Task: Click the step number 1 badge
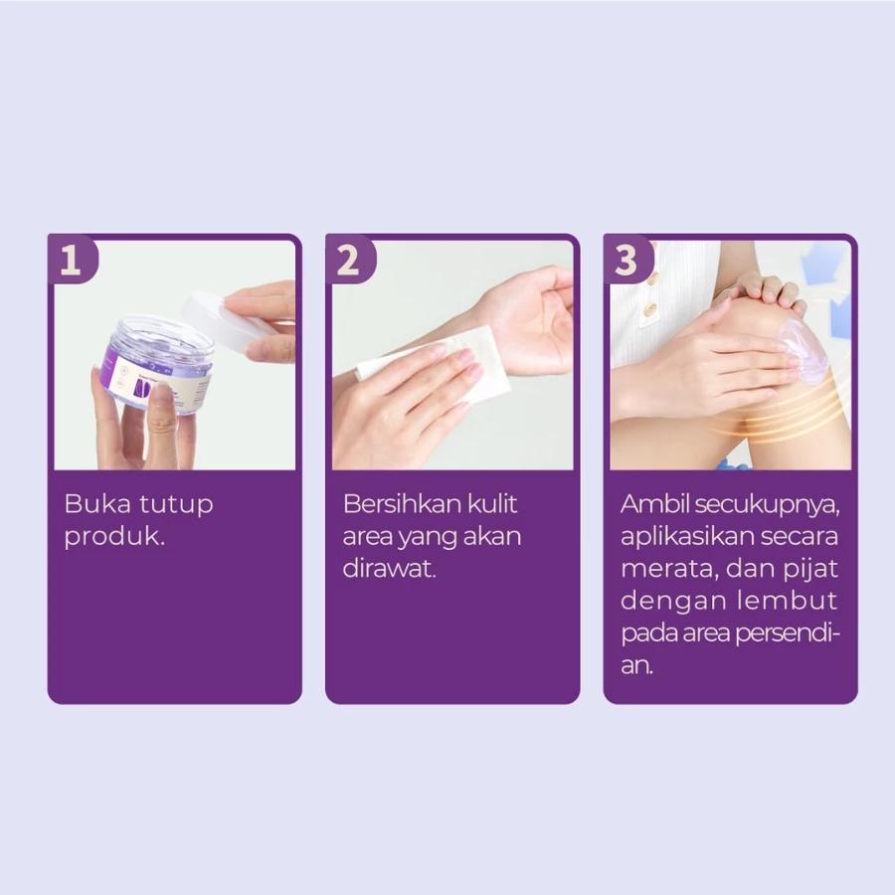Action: tap(71, 262)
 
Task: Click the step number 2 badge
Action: tap(348, 262)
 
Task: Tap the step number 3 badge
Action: tap(626, 262)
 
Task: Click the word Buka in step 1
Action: tap(94, 504)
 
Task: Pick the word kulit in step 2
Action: tap(493, 504)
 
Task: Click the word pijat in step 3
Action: tap(815, 570)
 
